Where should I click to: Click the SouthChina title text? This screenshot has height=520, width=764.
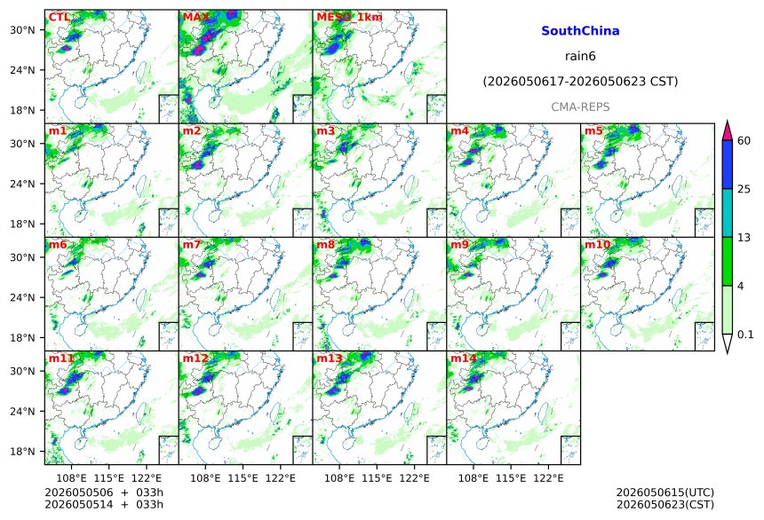580,31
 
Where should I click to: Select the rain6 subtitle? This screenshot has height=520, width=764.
580,56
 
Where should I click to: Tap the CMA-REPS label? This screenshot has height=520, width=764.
580,106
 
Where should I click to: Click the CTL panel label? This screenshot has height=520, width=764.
59,18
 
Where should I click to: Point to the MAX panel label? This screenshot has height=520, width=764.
195,18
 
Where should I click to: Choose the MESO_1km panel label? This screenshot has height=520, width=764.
349,18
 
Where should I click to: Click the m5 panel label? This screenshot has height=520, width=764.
593,131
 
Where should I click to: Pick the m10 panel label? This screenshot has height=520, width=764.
597,244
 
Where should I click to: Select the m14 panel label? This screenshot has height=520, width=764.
464,358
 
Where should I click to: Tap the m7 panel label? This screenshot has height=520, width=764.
192,244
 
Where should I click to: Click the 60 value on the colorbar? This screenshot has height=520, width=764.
744,141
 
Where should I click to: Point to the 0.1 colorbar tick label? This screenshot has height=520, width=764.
745,335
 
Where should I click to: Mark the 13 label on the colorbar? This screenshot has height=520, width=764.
744,238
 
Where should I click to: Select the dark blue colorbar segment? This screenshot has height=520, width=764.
728,164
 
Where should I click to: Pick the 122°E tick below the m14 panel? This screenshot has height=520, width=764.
548,478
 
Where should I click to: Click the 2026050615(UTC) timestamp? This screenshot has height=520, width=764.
665,492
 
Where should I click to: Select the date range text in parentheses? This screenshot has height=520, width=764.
580,82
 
